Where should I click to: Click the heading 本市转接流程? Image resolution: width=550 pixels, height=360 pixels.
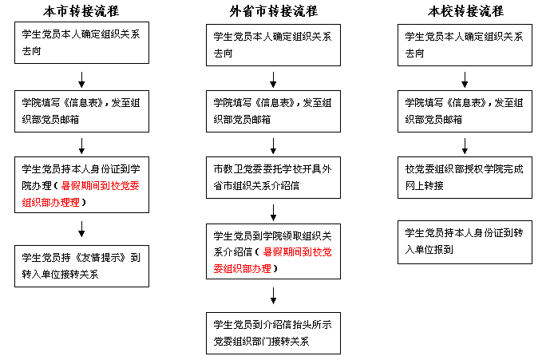tap(81, 11)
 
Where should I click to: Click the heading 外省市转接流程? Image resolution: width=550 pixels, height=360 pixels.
tap(274, 11)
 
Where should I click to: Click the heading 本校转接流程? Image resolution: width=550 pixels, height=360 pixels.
tap(465, 11)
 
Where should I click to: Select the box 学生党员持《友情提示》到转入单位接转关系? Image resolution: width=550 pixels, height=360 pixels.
tap(81, 267)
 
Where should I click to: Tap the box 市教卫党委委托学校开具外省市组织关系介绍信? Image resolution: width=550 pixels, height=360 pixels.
tap(273, 177)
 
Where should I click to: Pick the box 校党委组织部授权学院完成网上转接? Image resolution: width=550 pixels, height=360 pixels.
tap(465, 177)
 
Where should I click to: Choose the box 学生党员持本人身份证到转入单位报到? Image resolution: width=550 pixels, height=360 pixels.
tap(465, 242)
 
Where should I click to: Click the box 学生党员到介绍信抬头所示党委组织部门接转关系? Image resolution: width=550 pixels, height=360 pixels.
tap(273, 334)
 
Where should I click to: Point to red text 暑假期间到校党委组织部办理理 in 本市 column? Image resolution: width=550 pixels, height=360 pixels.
tap(81, 194)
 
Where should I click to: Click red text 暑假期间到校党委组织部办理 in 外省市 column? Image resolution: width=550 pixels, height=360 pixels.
tap(272, 260)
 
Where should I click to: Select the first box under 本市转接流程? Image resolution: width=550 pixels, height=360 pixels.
tap(81, 43)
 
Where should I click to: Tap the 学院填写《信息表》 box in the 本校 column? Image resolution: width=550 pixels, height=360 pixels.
tap(465, 111)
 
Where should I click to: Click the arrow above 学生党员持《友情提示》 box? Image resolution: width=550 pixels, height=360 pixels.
tap(81, 229)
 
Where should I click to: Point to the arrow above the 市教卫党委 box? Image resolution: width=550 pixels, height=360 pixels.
tap(273, 146)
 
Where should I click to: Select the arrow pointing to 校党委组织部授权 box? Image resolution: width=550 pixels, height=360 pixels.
tap(465, 146)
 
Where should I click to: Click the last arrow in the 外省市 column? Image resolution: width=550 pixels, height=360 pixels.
tap(273, 296)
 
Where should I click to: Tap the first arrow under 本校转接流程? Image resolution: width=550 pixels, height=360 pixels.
tap(465, 80)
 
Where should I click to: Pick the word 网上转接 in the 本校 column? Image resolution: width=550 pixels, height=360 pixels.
tap(425, 186)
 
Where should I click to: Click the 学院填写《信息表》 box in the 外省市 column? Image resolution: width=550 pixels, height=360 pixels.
tap(273, 111)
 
